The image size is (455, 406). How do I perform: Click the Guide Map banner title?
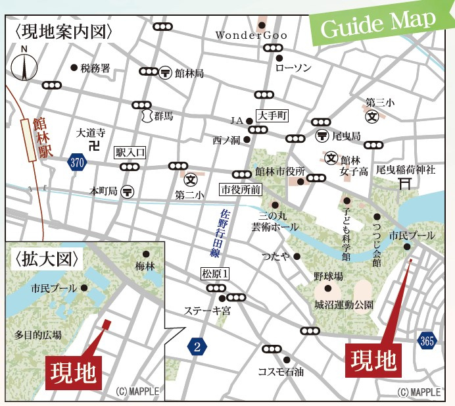pyautogui.click(x=379, y=24)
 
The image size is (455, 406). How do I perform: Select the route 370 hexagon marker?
pyautogui.click(x=77, y=163)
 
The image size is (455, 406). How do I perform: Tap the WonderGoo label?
pyautogui.click(x=247, y=35)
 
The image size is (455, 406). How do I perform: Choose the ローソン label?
pyautogui.click(x=293, y=67)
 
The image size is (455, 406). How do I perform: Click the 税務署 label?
pyautogui.click(x=95, y=68)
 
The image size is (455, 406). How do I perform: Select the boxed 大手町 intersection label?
pyautogui.click(x=272, y=116)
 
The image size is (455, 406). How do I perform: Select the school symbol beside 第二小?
pyautogui.click(x=191, y=179)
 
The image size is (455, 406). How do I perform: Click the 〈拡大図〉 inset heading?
pyautogui.click(x=45, y=259)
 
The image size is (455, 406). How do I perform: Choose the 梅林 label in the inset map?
pyautogui.click(x=145, y=267)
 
